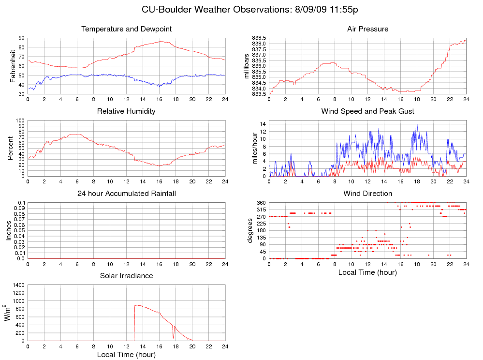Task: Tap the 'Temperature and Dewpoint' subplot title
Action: [x=127, y=29]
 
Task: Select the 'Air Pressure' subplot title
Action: [x=367, y=29]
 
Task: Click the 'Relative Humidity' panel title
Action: [x=126, y=111]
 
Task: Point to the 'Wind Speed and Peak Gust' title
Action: [x=367, y=111]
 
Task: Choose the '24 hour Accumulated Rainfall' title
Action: [x=127, y=194]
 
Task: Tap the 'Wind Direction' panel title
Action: [x=367, y=194]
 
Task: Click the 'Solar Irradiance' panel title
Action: [x=126, y=276]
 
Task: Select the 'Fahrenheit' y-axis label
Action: [x=13, y=65]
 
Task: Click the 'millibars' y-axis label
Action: [x=247, y=65]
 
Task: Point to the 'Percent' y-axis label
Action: [x=11, y=148]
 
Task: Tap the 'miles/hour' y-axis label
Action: [x=254, y=148]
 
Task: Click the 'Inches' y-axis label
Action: [x=8, y=230]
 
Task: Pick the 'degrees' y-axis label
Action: [x=250, y=230]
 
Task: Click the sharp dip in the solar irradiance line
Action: [x=174, y=338]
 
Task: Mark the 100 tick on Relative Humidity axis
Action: [x=20, y=120]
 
